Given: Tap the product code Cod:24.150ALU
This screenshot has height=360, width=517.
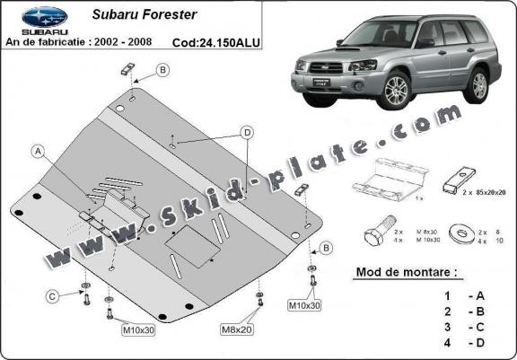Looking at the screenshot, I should [x=211, y=42].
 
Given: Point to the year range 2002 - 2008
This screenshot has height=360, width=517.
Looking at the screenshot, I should [x=138, y=42].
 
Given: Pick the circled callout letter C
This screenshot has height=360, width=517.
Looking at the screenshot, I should [x=53, y=295].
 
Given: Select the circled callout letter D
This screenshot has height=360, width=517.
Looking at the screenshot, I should [x=245, y=134].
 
